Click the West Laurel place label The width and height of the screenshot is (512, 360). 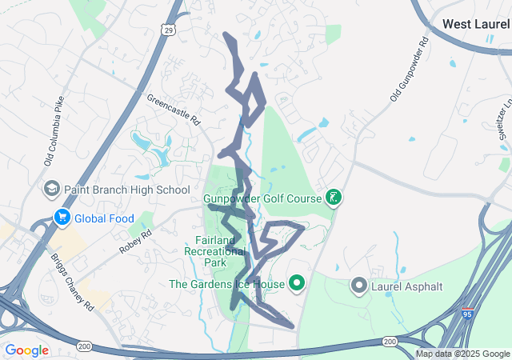(x=476, y=25)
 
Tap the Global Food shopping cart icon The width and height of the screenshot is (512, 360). (x=61, y=218)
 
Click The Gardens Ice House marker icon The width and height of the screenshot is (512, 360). (x=297, y=283)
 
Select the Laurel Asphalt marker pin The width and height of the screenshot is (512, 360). (x=358, y=284)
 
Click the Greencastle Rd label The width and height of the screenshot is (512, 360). (x=173, y=109)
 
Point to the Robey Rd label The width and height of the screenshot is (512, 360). (x=135, y=241)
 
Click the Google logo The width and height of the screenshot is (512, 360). (x=26, y=350)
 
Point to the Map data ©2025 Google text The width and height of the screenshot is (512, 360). (x=462, y=354)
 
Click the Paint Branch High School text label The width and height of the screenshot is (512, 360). (x=127, y=190)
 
